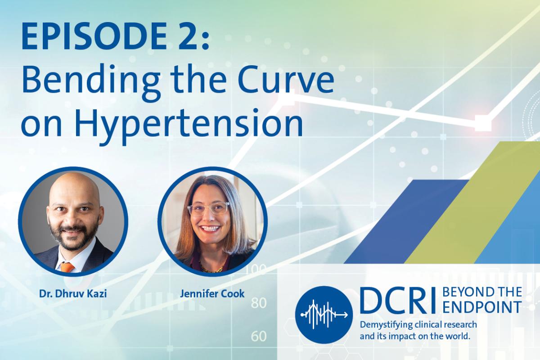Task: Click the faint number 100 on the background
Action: pyautogui.click(x=260, y=270)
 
